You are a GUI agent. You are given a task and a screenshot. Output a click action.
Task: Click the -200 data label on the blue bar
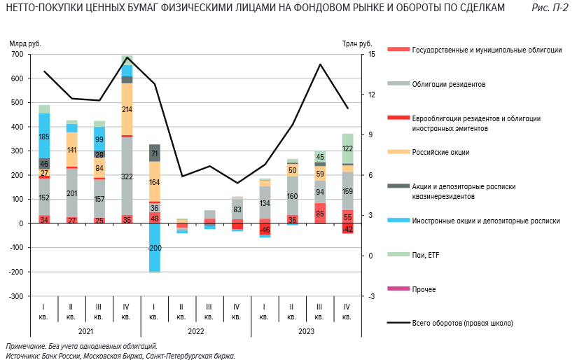[x=154, y=248]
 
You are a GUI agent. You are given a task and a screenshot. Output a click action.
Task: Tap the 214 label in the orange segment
[x=127, y=109]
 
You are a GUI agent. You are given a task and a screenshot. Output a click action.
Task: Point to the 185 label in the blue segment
[x=44, y=137]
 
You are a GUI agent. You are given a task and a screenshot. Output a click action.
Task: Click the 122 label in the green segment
[x=347, y=148]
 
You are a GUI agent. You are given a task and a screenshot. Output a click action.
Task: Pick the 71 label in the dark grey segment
[x=154, y=153]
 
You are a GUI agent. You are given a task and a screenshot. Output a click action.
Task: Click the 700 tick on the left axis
[x=17, y=55]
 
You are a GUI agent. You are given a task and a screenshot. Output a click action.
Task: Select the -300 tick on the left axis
[x=15, y=296]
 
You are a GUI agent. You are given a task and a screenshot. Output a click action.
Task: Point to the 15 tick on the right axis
[x=372, y=55]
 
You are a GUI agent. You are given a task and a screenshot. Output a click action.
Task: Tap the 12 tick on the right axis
[x=372, y=95]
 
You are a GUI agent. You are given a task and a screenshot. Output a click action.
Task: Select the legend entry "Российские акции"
[x=440, y=152]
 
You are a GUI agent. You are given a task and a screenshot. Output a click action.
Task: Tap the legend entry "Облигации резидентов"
[x=449, y=84]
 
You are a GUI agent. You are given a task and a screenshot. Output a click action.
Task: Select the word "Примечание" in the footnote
[x=24, y=347]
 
